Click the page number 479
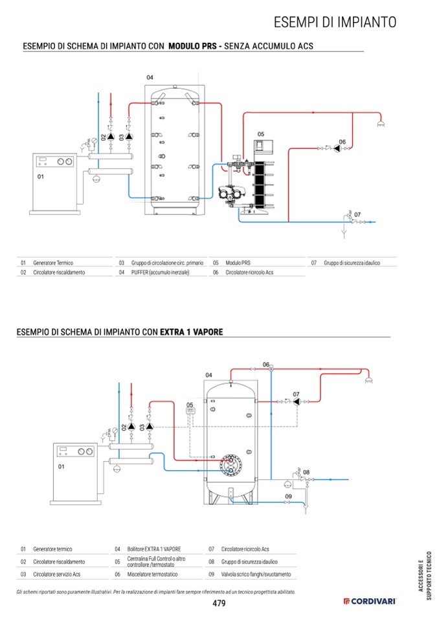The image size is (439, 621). (x=219, y=603)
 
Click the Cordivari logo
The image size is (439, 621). (x=369, y=601)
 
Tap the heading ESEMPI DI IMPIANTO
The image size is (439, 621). (x=335, y=22)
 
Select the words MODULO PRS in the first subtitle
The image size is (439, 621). (x=192, y=46)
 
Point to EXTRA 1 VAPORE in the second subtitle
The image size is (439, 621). (x=191, y=332)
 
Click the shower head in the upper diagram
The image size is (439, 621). (x=380, y=124)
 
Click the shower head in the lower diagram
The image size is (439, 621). (x=368, y=381)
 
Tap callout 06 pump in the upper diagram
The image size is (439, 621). (x=337, y=148)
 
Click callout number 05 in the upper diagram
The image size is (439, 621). (x=260, y=134)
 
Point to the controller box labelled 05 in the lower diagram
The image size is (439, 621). (x=190, y=411)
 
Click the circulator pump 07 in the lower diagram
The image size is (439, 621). (x=297, y=401)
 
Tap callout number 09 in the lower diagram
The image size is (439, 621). (x=288, y=496)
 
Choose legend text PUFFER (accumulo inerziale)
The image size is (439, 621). (x=161, y=272)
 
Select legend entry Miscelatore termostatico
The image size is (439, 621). (x=152, y=574)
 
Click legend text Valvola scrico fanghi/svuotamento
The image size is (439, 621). (x=256, y=574)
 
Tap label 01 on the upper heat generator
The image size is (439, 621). (x=40, y=177)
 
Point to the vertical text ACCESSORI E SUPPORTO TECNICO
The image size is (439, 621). (x=425, y=576)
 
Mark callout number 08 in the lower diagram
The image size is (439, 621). (x=306, y=472)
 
